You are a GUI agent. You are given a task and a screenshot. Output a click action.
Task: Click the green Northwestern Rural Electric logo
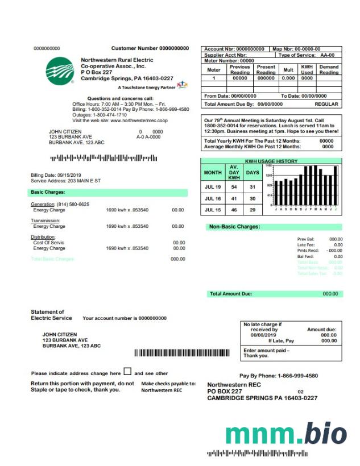coord(59,70)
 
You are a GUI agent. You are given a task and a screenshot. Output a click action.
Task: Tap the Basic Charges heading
coord(48,192)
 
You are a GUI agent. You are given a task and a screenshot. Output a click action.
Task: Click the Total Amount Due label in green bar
coord(231,294)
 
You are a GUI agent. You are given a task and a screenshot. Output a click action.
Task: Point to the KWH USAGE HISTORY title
coord(271,161)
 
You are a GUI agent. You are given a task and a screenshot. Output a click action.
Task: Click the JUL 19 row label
coord(213,186)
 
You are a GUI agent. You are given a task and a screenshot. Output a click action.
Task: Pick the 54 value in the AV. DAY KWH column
coord(233,186)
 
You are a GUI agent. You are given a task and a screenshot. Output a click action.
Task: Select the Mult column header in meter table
coord(288,70)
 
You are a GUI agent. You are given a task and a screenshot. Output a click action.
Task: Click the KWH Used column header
coord(307,70)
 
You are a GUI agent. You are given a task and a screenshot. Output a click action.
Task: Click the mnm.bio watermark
coord(285,434)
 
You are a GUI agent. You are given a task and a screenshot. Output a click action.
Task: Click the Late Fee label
coord(306,245)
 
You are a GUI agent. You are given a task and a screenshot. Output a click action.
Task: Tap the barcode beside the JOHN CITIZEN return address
coord(182,353)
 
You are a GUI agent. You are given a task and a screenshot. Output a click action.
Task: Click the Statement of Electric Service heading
coord(48,315)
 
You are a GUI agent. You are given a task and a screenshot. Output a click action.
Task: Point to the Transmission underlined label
coord(45,220)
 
